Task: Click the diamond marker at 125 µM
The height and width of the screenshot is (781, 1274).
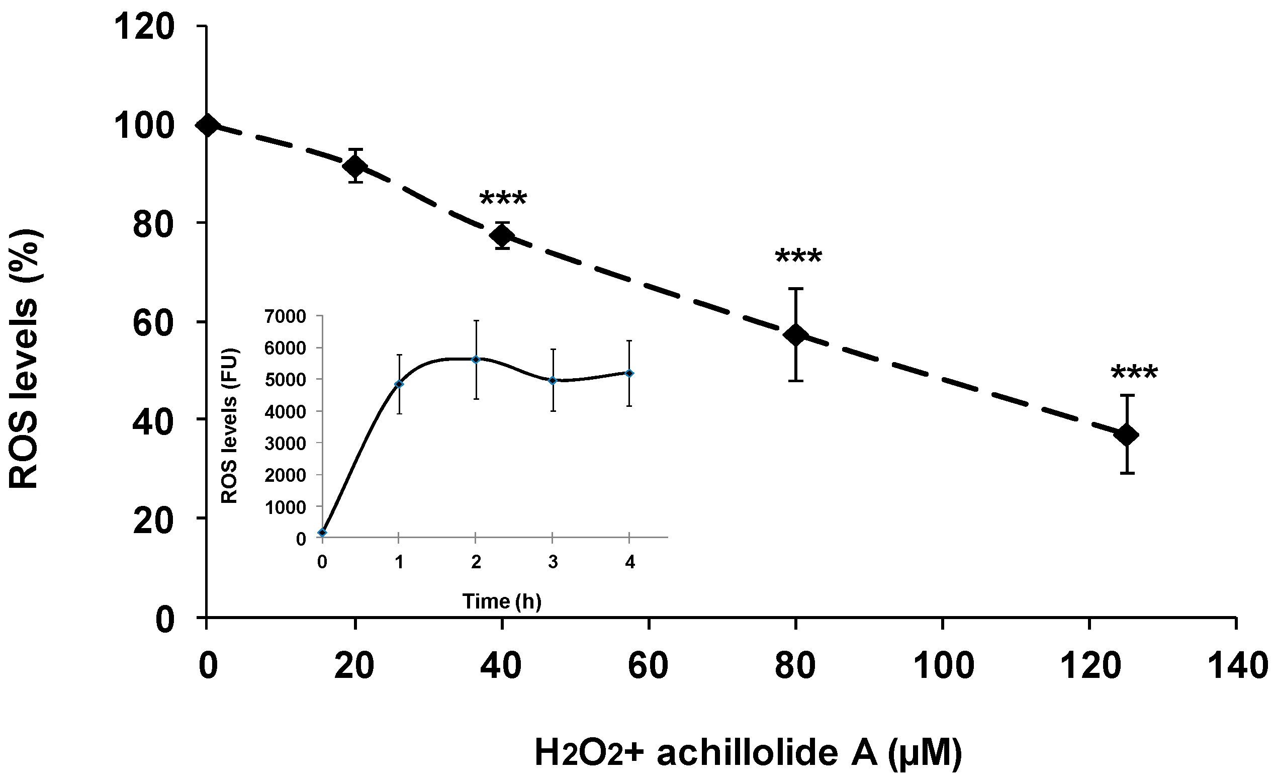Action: [1127, 435]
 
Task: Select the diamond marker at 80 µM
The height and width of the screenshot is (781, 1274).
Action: [796, 334]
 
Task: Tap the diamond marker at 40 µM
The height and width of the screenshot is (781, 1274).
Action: [502, 236]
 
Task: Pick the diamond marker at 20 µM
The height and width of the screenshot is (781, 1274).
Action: [356, 166]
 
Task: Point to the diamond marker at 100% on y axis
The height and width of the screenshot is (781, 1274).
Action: [207, 125]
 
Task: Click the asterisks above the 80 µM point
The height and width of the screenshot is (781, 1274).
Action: [798, 257]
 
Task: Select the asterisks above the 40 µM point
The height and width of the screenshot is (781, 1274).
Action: [503, 199]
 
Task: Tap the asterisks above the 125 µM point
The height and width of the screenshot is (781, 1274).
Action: [1134, 373]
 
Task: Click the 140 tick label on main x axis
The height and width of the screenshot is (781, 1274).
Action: [1236, 666]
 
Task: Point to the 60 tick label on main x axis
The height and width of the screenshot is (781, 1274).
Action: [648, 666]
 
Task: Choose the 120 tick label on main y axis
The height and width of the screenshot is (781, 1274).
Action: [144, 27]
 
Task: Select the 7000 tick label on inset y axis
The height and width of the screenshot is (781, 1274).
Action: [285, 316]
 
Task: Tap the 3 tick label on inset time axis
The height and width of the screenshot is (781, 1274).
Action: [553, 562]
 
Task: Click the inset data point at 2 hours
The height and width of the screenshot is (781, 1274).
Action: [476, 360]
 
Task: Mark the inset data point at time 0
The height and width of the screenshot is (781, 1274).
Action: [323, 533]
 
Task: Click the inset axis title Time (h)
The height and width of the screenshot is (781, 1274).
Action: [502, 601]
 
